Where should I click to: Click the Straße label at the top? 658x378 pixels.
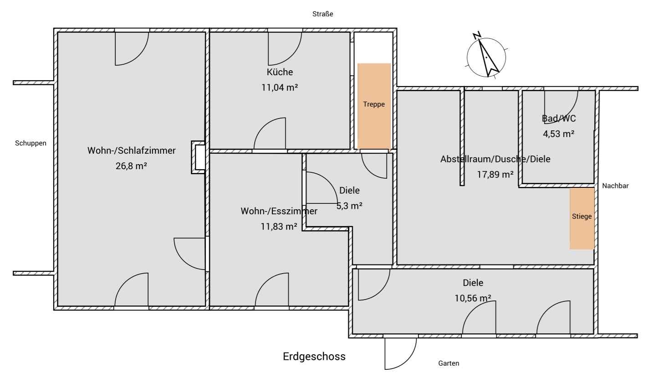(x=322, y=14)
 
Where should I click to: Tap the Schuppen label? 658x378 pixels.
(x=31, y=143)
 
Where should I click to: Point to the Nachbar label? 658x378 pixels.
(x=615, y=186)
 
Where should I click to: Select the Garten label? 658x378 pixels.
(x=449, y=363)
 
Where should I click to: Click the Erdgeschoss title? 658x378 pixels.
(x=314, y=357)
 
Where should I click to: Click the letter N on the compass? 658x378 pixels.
(x=477, y=35)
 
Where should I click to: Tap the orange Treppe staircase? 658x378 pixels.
(x=374, y=106)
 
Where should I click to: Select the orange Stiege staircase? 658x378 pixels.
(x=582, y=218)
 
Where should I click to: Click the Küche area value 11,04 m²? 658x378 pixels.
(x=280, y=88)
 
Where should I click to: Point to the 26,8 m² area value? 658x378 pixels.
(x=131, y=166)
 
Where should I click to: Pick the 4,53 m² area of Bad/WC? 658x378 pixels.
(x=558, y=134)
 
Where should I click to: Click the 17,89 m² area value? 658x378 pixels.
(x=495, y=175)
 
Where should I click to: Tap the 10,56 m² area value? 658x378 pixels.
(x=473, y=298)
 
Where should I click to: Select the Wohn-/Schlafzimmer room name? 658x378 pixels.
(x=131, y=150)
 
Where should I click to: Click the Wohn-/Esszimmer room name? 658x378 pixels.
(x=279, y=211)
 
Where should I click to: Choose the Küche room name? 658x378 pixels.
(x=280, y=72)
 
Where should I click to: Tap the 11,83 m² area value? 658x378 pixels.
(x=279, y=227)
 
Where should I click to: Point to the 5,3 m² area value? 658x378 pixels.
(x=349, y=206)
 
